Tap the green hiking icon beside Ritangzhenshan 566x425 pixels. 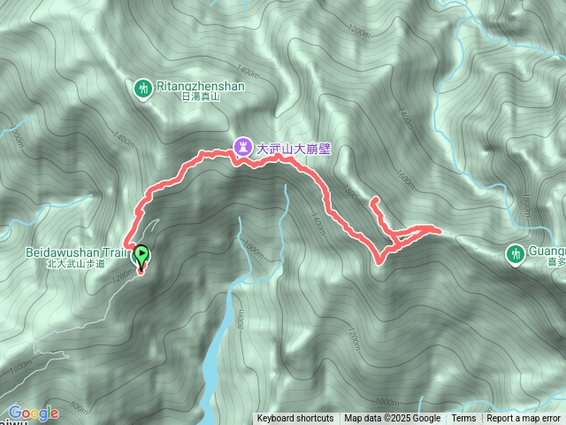143,88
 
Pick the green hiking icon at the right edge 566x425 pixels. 516,254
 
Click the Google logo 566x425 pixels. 34,413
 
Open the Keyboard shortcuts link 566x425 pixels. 295,419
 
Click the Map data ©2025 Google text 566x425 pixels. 393,419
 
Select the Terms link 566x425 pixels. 463,419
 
